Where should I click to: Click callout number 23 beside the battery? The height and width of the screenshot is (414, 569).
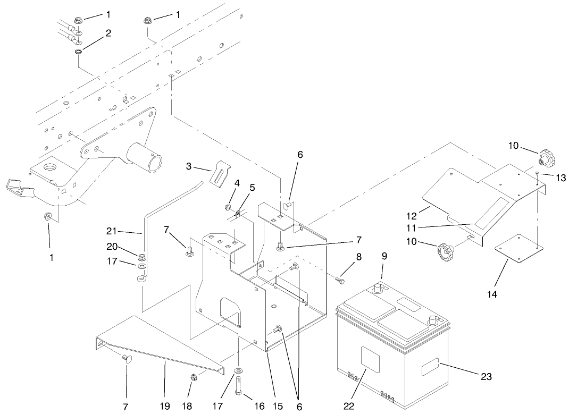[x=487, y=377]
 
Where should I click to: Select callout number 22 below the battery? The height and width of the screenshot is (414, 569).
[x=349, y=406]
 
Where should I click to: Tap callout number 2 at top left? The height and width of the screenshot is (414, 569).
[x=108, y=33]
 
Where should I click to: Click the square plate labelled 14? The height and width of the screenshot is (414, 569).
[x=516, y=248]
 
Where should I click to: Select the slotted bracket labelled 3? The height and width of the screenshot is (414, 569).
[x=220, y=174]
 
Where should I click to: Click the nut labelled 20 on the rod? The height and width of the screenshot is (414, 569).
[x=141, y=254]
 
